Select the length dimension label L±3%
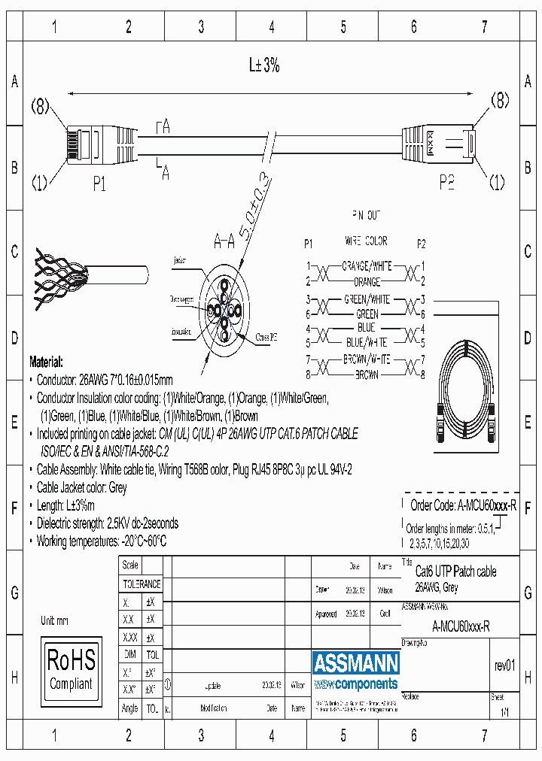coord(264,65)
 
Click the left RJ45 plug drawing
coord(98,142)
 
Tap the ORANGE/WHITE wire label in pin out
coord(366,266)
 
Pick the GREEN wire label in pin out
coord(367,314)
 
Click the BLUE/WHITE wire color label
coord(366,342)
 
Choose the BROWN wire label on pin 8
coord(367,374)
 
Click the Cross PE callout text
coord(266,338)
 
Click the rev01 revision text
coord(504,666)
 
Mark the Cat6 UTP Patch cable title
coord(456,572)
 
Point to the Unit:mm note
coord(54,621)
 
